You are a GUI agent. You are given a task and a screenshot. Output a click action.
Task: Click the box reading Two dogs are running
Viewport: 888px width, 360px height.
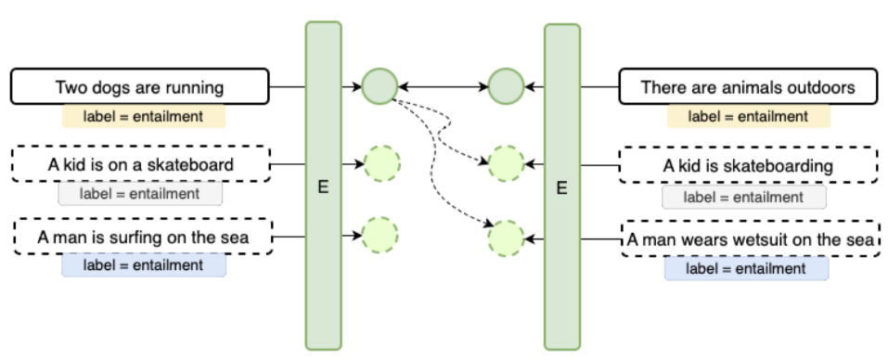pyautogui.click(x=140, y=87)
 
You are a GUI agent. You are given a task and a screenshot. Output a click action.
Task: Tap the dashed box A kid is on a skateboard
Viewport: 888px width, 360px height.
pyautogui.click(x=140, y=164)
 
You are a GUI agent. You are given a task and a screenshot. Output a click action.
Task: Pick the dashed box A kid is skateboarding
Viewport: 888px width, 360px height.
pyautogui.click(x=748, y=166)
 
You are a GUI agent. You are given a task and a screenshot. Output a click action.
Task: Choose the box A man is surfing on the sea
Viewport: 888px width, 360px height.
pyautogui.click(x=143, y=237)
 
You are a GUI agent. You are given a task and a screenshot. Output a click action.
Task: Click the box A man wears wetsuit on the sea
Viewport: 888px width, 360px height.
pyautogui.click(x=749, y=240)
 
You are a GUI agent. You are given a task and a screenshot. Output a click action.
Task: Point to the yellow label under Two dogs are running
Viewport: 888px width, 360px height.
pyautogui.click(x=144, y=117)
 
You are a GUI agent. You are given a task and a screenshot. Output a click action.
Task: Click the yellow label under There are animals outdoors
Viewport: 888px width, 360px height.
pyautogui.click(x=748, y=117)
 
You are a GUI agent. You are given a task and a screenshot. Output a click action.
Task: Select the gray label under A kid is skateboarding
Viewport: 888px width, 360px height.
pyautogui.click(x=743, y=197)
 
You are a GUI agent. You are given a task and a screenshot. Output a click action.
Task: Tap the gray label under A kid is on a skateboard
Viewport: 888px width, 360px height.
pyautogui.click(x=140, y=194)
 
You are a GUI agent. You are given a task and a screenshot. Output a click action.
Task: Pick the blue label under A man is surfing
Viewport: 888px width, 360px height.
pyautogui.click(x=143, y=265)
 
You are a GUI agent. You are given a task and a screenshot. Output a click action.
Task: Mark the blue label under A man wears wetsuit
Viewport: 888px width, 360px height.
pyautogui.click(x=746, y=269)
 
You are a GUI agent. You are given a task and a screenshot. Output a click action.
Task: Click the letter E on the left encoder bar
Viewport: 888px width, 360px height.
pyautogui.click(x=323, y=188)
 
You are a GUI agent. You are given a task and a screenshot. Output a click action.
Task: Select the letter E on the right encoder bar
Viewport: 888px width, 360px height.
pyautogui.click(x=561, y=188)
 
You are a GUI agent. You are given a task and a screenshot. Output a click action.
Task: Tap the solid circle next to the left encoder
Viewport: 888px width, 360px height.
pyautogui.click(x=380, y=86)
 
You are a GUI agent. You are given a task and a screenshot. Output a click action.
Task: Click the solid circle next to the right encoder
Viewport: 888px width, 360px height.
pyautogui.click(x=506, y=86)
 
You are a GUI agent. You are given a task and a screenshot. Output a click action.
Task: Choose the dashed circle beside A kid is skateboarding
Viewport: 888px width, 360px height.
pyautogui.click(x=507, y=163)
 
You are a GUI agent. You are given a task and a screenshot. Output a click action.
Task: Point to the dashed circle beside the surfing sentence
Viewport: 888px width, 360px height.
pyautogui.click(x=380, y=236)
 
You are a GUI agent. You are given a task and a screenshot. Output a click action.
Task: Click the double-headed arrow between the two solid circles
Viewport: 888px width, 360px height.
pyautogui.click(x=443, y=87)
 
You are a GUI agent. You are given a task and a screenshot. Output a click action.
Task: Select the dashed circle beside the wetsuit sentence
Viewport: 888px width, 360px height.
pyautogui.click(x=507, y=238)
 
